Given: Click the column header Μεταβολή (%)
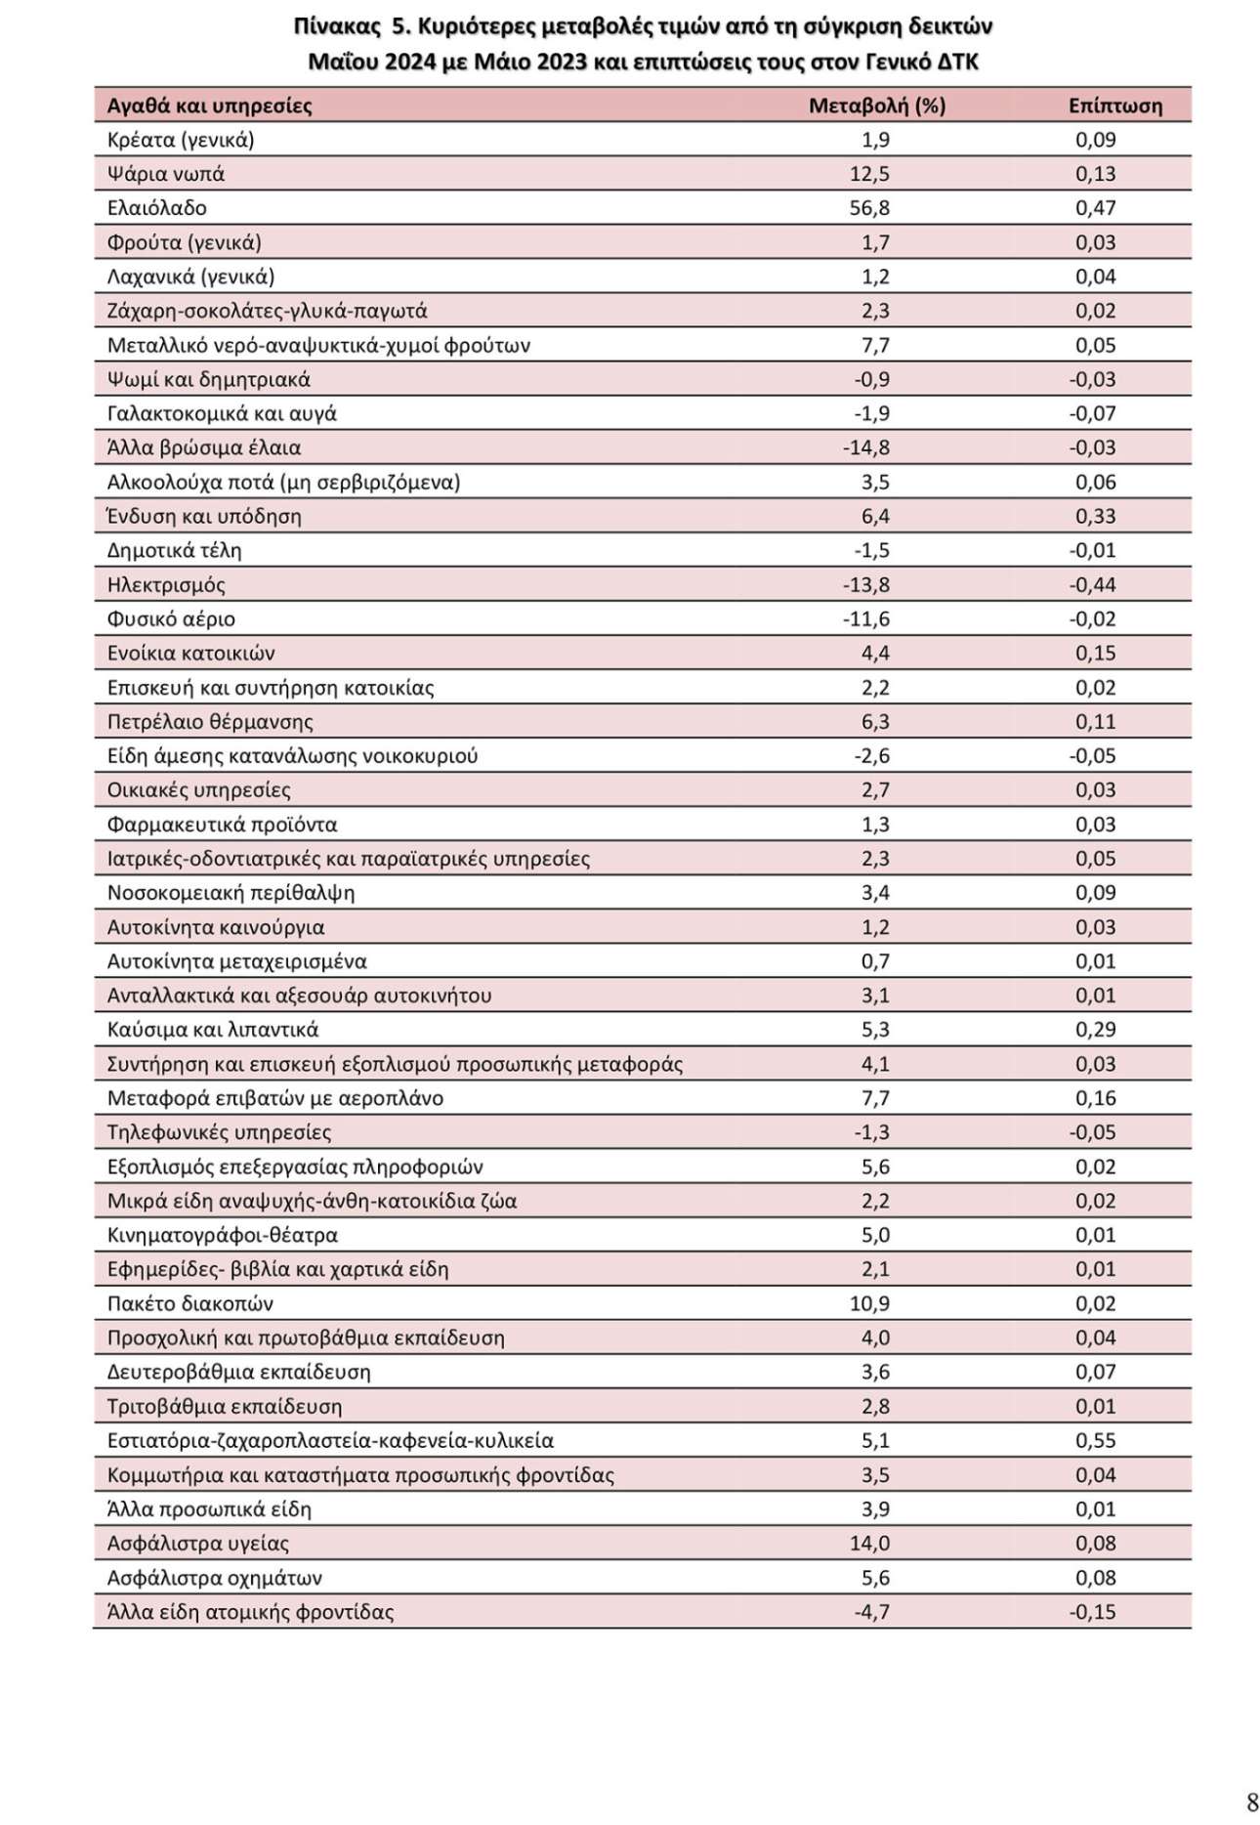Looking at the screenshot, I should coord(876,106).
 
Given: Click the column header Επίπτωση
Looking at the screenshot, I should coord(1114,106).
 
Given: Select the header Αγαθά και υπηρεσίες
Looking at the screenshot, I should coord(209,106).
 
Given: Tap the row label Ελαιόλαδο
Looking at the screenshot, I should coord(156,208).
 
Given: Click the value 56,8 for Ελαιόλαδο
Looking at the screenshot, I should coord(869,208).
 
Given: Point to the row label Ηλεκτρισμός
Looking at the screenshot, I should coord(166,585).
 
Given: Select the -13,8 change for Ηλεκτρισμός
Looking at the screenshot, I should coord(865,585).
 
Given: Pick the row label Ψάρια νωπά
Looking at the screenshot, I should coord(165,174).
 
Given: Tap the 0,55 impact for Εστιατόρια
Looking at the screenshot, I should coord(1095,1440).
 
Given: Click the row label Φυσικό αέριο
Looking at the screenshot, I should coord(171,619).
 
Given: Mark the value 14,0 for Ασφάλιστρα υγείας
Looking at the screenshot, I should coord(869,1543).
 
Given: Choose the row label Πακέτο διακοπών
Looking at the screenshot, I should coord(189,1303).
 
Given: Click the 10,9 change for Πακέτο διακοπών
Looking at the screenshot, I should coord(869,1303).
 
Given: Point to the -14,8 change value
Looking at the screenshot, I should coord(865,447).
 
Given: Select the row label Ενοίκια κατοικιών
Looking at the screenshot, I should coord(190,653).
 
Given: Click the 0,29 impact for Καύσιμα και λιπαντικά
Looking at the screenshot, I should coord(1095,1030).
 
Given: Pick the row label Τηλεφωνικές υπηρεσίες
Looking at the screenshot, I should coord(219,1132).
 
